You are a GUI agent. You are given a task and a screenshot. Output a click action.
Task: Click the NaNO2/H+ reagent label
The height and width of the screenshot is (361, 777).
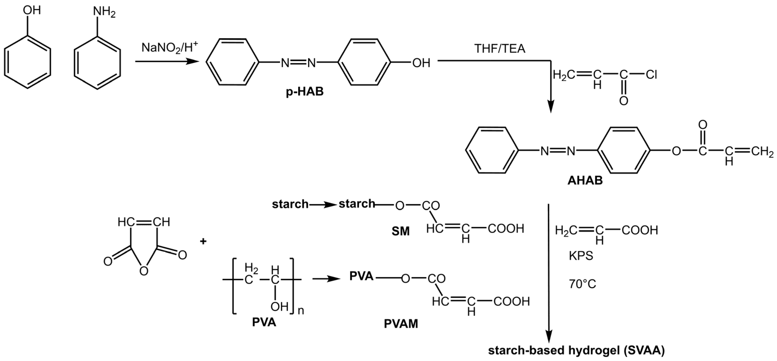click(x=170, y=48)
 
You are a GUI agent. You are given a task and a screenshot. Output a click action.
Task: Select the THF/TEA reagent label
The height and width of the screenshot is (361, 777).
click(x=500, y=49)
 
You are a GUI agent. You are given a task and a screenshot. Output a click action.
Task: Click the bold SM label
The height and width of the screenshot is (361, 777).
click(x=401, y=231)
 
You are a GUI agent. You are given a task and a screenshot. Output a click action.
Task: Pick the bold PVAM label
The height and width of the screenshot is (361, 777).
click(x=401, y=324)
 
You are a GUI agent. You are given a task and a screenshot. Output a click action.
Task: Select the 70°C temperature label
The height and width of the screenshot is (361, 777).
click(x=582, y=284)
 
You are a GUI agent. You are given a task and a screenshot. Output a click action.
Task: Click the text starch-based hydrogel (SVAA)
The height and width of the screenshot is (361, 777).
click(x=576, y=350)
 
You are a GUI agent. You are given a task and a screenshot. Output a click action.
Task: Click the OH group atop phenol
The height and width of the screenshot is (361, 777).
click(x=32, y=10)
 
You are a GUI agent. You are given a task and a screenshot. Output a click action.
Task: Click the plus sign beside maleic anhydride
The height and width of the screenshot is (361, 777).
click(x=203, y=241)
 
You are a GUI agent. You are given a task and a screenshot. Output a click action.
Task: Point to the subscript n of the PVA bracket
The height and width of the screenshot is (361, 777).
click(x=301, y=310)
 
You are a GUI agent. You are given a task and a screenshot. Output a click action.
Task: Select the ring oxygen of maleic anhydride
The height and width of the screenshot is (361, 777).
click(x=144, y=271)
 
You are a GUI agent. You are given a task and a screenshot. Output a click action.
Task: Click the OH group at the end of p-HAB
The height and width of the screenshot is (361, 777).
click(x=421, y=63)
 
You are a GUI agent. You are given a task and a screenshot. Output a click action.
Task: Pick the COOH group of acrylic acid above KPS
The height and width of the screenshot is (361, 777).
click(x=639, y=230)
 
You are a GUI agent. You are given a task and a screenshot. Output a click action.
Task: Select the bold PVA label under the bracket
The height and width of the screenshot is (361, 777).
click(x=264, y=322)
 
